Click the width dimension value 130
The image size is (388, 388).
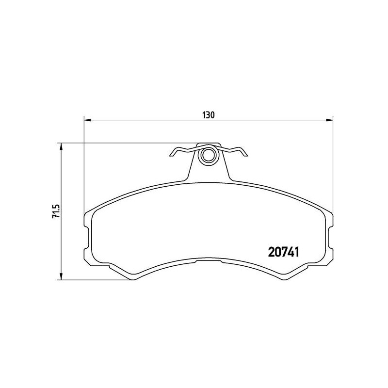click(x=209, y=115)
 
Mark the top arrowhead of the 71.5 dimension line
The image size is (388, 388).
click(x=61, y=146)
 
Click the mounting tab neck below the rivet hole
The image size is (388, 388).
click(x=209, y=172)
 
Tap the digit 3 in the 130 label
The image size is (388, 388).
click(x=209, y=115)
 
